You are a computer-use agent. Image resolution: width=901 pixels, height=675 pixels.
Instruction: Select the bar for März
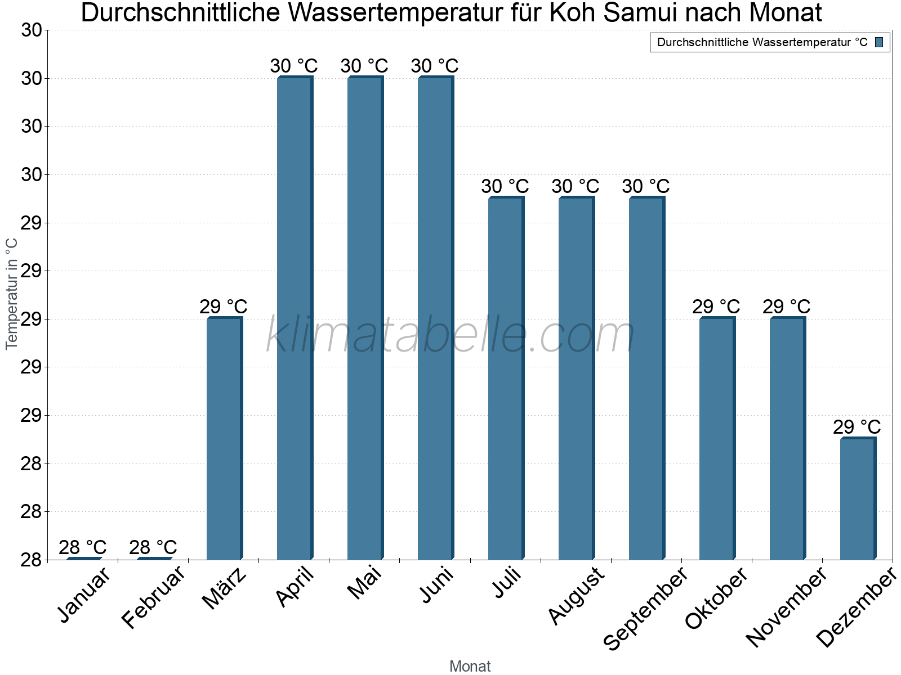(x=224, y=439)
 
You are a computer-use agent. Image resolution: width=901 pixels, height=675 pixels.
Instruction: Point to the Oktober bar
(x=717, y=439)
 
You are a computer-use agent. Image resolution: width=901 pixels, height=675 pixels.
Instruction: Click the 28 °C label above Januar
(x=82, y=547)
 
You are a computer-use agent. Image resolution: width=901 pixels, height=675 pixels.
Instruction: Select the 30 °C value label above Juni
(x=435, y=66)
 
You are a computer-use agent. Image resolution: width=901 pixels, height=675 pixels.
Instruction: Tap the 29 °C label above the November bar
(x=787, y=307)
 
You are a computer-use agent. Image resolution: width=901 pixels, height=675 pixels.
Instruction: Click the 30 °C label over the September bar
(x=646, y=186)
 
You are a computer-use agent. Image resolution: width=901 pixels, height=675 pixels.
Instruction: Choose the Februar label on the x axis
(x=153, y=597)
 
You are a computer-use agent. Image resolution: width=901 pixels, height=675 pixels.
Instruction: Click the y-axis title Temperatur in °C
(x=12, y=294)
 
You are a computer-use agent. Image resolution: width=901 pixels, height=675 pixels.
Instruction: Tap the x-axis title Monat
(x=470, y=667)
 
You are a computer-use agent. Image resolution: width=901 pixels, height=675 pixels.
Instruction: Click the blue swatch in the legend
(x=879, y=42)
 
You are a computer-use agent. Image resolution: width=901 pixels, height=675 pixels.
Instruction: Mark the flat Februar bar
(x=154, y=558)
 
